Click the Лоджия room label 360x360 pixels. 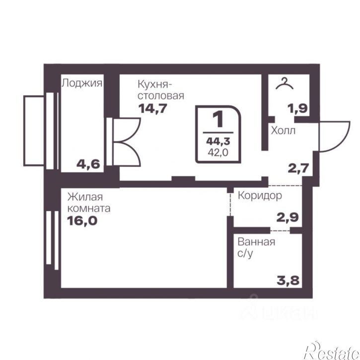pyautogui.click(x=82, y=83)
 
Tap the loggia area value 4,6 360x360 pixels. pyautogui.click(x=88, y=164)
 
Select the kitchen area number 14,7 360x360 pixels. pyautogui.click(x=152, y=108)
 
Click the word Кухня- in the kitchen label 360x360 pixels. pyautogui.click(x=155, y=84)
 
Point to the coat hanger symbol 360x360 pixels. pyautogui.click(x=285, y=83)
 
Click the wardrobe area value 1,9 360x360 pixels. pyautogui.click(x=298, y=108)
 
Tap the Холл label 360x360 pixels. pyautogui.click(x=283, y=131)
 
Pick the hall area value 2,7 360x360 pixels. pyautogui.click(x=298, y=168)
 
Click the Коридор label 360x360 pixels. pyautogui.click(x=260, y=196)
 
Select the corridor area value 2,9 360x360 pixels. pyautogui.click(x=288, y=217)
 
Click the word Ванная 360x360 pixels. pyautogui.click(x=256, y=242)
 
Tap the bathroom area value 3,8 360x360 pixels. pyautogui.click(x=288, y=281)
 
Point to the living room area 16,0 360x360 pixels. pyautogui.click(x=82, y=221)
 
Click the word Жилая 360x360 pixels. pyautogui.click(x=85, y=197)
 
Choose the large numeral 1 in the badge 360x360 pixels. pyautogui.click(x=218, y=119)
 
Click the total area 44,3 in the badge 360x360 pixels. pyautogui.click(x=218, y=142)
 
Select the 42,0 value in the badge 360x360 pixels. pyautogui.click(x=218, y=152)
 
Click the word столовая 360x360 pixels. pyautogui.click(x=161, y=96)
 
